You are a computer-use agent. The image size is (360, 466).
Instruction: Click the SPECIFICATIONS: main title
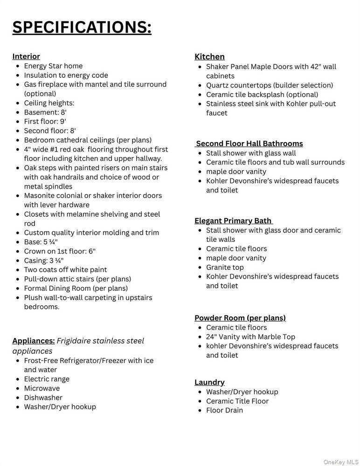tap(82, 27)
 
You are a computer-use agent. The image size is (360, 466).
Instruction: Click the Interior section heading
tap(26, 56)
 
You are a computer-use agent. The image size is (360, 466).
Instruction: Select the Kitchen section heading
tap(209, 56)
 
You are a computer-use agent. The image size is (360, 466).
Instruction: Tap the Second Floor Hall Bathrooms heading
tap(249, 144)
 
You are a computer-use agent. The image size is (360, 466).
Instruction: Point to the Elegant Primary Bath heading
tap(233, 220)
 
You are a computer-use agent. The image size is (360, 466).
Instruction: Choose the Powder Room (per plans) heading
tap(240, 318)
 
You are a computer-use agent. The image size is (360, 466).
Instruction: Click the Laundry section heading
tap(209, 382)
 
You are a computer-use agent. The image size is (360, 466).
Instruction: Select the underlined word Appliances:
tap(34, 341)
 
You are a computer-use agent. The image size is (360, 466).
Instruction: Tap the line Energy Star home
tap(53, 66)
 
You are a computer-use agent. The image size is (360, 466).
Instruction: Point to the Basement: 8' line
tap(45, 112)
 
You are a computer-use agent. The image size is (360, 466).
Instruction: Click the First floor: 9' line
tap(45, 122)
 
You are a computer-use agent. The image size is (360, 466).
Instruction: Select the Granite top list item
tap(225, 267)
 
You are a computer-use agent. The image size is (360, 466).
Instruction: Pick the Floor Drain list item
tap(224, 410)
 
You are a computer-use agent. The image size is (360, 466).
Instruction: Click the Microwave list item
tap(42, 388)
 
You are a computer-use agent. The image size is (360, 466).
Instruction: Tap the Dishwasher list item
tap(43, 397)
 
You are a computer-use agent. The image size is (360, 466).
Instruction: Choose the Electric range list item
tap(47, 379)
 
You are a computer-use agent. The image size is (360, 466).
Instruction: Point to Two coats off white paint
tap(65, 269)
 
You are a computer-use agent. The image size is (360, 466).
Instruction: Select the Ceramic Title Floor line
tap(237, 401)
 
